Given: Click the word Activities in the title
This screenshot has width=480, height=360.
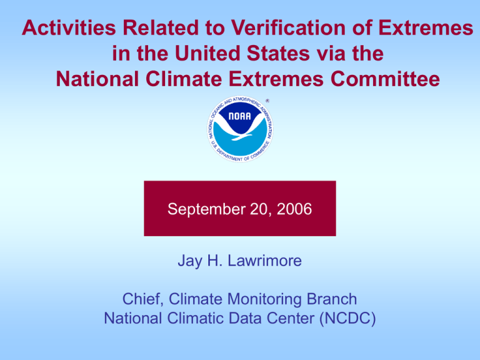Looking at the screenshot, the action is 69,27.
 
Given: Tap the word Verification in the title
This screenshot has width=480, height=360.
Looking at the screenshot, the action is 287,27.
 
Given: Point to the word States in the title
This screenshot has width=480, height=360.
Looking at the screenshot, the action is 278,53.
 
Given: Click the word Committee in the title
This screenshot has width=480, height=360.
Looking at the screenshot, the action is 385,79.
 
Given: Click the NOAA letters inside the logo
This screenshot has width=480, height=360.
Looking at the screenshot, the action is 240,116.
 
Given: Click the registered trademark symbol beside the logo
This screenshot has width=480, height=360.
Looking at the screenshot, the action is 267,101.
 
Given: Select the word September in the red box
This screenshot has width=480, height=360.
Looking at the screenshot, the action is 207,209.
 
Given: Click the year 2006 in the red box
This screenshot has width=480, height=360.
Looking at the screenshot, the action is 294,209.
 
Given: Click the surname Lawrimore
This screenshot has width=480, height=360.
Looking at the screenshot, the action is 265,261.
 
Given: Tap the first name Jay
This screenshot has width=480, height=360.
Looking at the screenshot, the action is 190,261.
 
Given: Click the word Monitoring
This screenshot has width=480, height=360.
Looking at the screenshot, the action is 264,300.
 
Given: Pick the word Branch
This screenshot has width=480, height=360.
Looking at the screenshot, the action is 332,299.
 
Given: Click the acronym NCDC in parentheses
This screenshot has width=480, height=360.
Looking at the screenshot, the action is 347,318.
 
